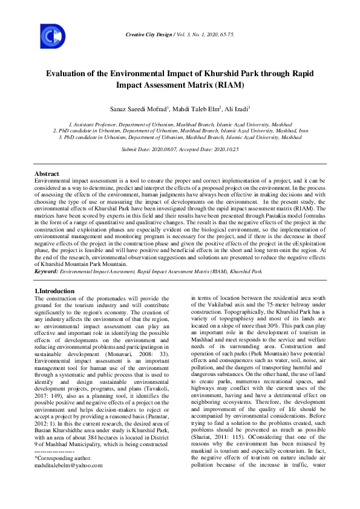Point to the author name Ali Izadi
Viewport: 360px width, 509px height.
[221, 108]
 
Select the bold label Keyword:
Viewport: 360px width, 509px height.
[47, 272]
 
